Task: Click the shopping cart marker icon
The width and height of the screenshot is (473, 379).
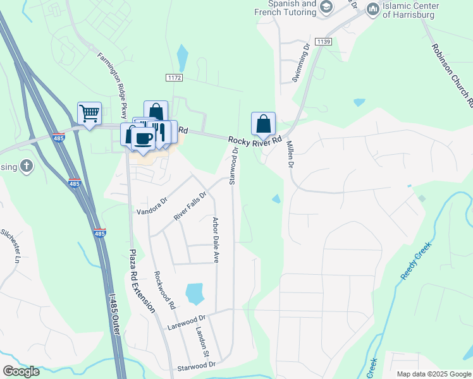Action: click(89, 114)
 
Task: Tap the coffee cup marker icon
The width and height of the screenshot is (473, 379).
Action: click(144, 139)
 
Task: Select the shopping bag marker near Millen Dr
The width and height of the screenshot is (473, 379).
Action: click(263, 123)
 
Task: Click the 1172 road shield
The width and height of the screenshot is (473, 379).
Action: click(175, 77)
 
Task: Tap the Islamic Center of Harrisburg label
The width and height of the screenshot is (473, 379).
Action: click(419, 10)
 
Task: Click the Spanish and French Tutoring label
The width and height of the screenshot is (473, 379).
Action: click(294, 8)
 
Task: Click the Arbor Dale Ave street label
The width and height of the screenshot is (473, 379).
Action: click(216, 240)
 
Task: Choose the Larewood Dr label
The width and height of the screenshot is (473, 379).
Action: click(187, 323)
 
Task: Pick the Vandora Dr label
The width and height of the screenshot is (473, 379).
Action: click(152, 206)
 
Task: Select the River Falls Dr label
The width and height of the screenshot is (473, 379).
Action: click(190, 205)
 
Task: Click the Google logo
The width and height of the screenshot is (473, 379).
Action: click(21, 371)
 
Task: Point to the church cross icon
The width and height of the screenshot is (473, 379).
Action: click(26, 166)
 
